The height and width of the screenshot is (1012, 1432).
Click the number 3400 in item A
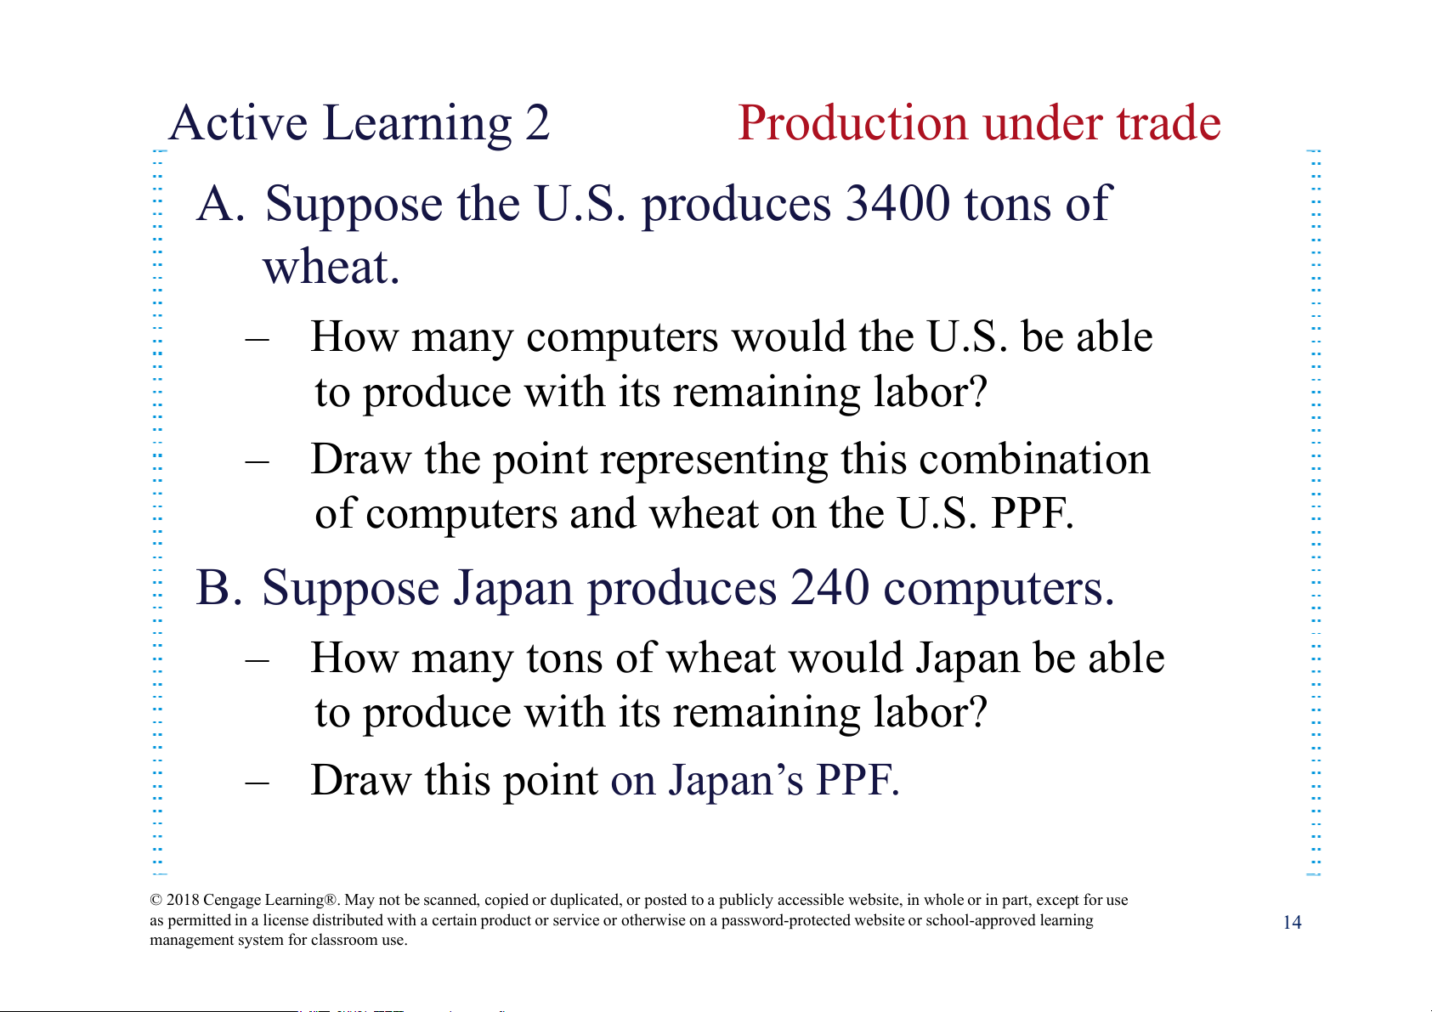point(897,203)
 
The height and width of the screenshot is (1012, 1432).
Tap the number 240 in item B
point(829,587)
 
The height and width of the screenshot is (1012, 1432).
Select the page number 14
point(1292,922)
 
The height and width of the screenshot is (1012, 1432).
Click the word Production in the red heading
point(852,122)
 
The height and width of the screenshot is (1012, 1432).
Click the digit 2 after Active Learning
point(538,122)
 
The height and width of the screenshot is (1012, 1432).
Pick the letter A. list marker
point(221,204)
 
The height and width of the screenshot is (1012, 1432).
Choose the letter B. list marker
point(219,587)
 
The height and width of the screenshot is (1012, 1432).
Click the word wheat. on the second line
point(331,267)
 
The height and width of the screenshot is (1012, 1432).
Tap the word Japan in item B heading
point(513,589)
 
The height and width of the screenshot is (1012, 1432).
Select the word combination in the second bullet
point(1034,459)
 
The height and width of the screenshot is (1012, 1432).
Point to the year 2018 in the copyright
point(183,900)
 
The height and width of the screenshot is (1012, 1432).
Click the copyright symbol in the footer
point(156,900)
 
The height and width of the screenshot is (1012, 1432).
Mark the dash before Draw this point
point(257,783)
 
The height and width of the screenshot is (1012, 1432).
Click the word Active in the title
point(238,122)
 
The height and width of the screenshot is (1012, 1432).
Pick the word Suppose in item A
point(354,206)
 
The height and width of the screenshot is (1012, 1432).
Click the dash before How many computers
point(257,339)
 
